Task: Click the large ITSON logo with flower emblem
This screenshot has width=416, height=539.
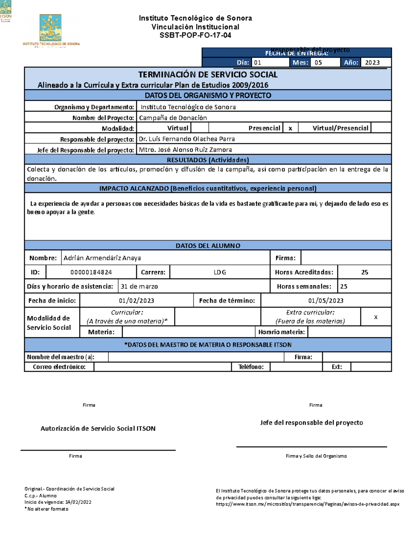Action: (51, 29)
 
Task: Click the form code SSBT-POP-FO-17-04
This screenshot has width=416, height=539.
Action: (195, 35)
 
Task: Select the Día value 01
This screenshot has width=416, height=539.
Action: (258, 62)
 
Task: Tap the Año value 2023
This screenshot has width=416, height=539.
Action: (372, 62)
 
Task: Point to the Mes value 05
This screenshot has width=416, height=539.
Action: (318, 62)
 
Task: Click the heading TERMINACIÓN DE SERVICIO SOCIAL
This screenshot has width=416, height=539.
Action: (208, 75)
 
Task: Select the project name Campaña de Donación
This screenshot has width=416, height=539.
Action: (173, 118)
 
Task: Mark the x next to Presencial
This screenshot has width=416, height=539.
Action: (290, 128)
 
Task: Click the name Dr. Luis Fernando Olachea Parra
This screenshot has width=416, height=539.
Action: (187, 139)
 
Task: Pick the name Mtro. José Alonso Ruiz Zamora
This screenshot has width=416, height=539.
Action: (185, 150)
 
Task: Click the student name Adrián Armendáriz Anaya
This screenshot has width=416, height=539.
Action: (102, 258)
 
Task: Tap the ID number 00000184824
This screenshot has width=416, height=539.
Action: (91, 272)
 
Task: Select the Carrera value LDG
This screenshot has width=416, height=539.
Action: (220, 272)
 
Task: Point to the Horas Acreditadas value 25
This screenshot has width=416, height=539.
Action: (365, 272)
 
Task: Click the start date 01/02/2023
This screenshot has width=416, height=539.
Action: (136, 301)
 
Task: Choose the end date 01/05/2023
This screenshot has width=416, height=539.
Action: (326, 301)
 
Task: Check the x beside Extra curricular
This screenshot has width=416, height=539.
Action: (376, 317)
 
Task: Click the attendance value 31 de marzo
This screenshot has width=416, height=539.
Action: (139, 286)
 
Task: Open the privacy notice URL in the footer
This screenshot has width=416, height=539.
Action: (307, 504)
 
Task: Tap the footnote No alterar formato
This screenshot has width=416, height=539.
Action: (47, 509)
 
